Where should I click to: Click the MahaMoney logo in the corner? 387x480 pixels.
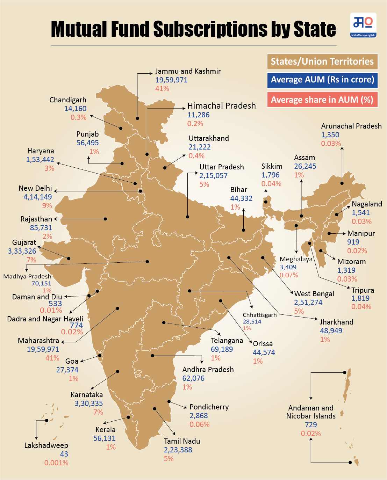click(363, 25)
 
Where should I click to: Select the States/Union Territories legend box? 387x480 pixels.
click(322, 61)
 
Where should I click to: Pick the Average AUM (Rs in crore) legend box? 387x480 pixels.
click(322, 80)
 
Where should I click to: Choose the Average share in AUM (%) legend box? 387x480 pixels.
click(322, 100)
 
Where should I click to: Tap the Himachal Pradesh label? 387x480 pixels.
click(221, 106)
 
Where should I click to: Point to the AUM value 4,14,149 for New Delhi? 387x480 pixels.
click(38, 197)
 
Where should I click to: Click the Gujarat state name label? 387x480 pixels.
click(24, 242)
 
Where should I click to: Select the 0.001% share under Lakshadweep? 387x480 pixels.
click(56, 463)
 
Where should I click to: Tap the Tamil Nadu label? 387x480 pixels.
click(182, 441)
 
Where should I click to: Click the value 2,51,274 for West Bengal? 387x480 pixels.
click(308, 303)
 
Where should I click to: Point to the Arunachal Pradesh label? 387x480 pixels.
click(351, 126)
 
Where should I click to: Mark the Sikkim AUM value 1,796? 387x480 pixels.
click(271, 175)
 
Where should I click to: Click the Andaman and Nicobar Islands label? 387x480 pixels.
click(311, 412)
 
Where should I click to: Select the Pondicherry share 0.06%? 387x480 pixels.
click(200, 424)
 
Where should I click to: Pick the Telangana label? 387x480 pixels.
click(227, 341)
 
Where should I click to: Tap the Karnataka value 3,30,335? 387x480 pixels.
click(89, 403)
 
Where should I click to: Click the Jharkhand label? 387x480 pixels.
click(337, 322)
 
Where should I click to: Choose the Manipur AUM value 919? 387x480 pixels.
click(353, 242)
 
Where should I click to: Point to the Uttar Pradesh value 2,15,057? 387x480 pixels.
click(213, 176)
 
